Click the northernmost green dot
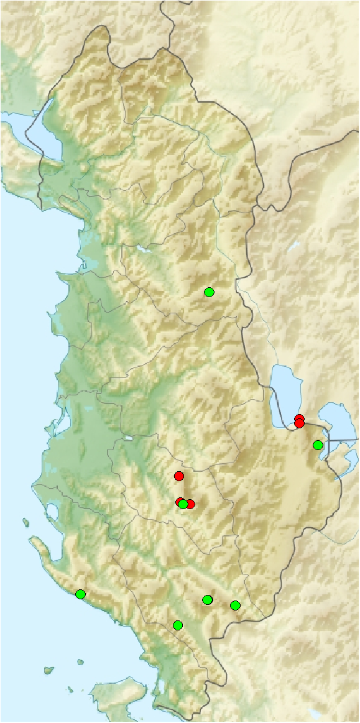209,292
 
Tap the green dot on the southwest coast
80,594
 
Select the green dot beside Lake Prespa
318,444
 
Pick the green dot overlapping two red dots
183,504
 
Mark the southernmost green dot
178,625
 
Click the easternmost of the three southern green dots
235,605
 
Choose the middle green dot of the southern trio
208,599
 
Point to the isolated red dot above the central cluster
179,476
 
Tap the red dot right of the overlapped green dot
191,504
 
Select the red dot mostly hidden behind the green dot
179,501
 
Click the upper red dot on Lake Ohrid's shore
299,418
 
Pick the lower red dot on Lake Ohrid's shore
299,424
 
